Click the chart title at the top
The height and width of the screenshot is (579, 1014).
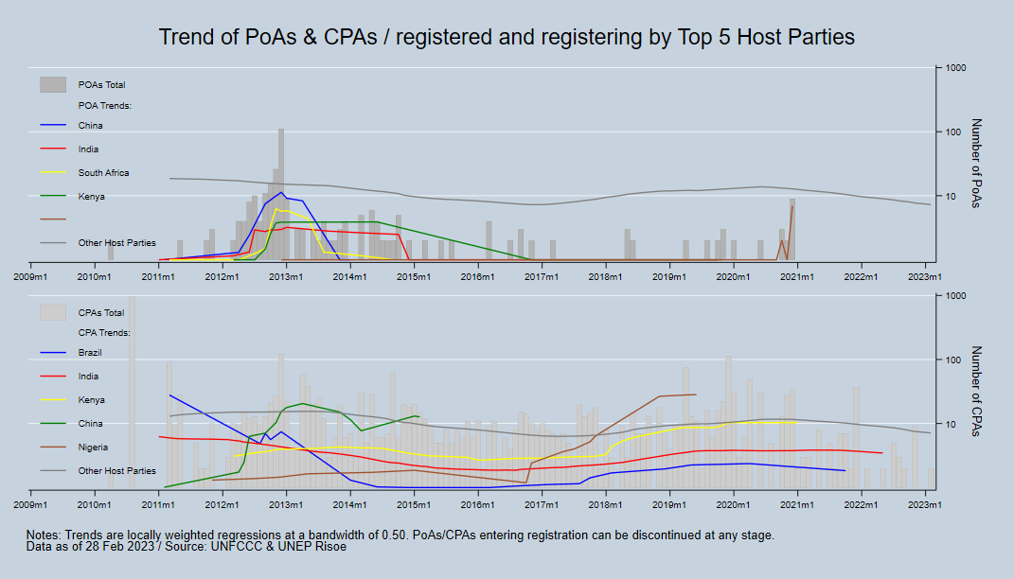tap(507, 37)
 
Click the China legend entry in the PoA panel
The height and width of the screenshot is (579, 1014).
tap(90, 126)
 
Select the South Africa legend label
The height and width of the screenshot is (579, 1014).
tap(103, 173)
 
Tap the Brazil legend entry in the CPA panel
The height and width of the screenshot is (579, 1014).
tap(90, 353)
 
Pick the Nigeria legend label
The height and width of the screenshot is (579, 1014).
tap(93, 447)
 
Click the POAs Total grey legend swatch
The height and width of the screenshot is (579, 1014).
tap(52, 85)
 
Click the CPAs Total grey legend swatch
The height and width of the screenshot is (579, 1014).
tap(52, 312)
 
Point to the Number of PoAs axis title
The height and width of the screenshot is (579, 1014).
tap(977, 164)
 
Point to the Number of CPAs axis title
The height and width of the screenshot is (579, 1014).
tap(977, 391)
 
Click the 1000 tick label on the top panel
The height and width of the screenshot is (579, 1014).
tap(955, 68)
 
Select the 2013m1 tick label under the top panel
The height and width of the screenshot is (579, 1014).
tap(286, 276)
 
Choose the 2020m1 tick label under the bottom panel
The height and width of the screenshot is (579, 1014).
tap(733, 503)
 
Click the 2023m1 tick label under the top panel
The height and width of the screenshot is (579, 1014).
tap(924, 276)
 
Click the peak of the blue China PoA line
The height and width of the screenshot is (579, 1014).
tap(281, 193)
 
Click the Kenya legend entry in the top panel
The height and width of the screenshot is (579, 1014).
tap(91, 197)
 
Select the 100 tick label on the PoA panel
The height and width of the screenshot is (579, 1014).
tap(953, 132)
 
